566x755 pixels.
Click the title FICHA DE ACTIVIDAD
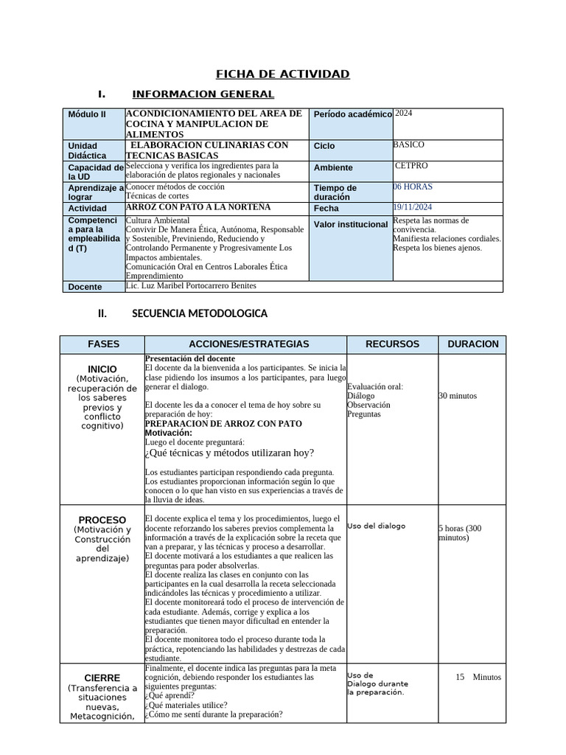(282, 74)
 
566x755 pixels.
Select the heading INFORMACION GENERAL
(203, 94)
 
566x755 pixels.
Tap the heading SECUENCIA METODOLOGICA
(199, 313)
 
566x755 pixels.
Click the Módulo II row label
(87, 115)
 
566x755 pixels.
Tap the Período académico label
(352, 115)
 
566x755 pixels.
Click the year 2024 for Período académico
(405, 114)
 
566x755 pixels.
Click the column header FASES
(103, 344)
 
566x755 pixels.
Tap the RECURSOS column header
(393, 344)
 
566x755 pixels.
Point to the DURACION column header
(472, 344)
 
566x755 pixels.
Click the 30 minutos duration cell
(458, 396)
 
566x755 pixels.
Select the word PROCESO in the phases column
(102, 520)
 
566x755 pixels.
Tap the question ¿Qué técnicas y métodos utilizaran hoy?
(229, 453)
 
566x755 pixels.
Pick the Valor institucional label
(351, 224)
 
